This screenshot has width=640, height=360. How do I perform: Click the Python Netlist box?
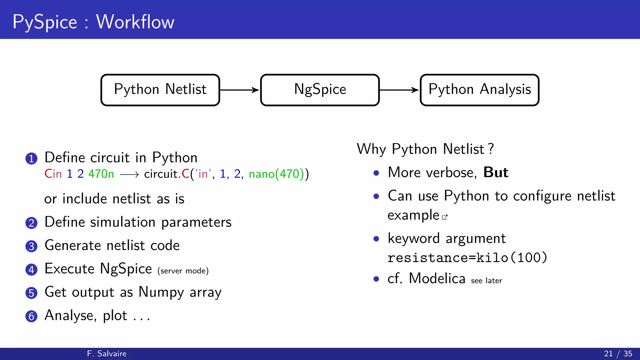pyautogui.click(x=160, y=90)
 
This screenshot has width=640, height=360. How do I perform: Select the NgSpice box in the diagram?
pyautogui.click(x=320, y=90)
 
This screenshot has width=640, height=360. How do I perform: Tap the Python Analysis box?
pyautogui.click(x=479, y=90)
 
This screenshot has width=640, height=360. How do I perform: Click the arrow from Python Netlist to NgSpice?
pyautogui.click(x=239, y=90)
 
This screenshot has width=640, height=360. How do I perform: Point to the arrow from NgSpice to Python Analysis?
pyautogui.click(x=399, y=90)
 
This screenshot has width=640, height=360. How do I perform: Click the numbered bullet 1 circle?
pyautogui.click(x=31, y=158)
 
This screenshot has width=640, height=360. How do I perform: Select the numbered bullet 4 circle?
pyautogui.click(x=31, y=269)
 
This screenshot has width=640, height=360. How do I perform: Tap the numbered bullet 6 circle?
pyautogui.click(x=31, y=316)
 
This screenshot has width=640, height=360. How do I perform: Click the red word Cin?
pyautogui.click(x=53, y=174)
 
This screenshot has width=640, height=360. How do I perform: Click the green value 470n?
pyautogui.click(x=101, y=174)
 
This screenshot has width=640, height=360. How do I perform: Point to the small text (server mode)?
pyautogui.click(x=183, y=271)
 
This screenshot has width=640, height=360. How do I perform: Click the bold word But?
pyautogui.click(x=496, y=172)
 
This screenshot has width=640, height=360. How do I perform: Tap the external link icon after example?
pyautogui.click(x=445, y=217)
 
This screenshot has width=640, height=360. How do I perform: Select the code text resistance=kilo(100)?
pyautogui.click(x=467, y=258)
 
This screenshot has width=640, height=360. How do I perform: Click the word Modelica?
pyautogui.click(x=437, y=278)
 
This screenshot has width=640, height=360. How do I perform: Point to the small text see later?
pyautogui.click(x=486, y=281)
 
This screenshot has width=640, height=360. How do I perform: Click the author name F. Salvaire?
pyautogui.click(x=107, y=353)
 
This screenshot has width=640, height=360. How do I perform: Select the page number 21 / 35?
pyautogui.click(x=618, y=353)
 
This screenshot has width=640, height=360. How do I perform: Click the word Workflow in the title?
pyautogui.click(x=135, y=22)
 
